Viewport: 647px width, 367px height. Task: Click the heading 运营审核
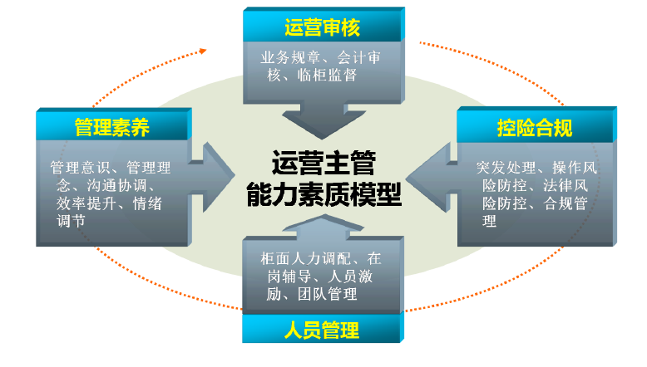(323, 27)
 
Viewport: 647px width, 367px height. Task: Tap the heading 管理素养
(112, 127)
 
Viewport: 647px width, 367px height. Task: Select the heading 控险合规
(535, 128)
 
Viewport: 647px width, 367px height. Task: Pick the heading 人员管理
(322, 330)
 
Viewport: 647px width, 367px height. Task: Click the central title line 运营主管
(323, 163)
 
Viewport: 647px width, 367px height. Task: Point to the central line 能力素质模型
(323, 194)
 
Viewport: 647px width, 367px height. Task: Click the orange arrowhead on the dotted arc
(203, 51)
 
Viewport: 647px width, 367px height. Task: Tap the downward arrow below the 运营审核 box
(323, 120)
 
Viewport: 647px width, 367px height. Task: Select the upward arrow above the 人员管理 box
(323, 228)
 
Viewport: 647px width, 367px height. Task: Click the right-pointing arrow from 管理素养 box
(212, 178)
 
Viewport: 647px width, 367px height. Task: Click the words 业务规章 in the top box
(290, 57)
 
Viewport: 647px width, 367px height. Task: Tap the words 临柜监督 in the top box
(327, 76)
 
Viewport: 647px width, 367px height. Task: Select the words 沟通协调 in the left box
(116, 186)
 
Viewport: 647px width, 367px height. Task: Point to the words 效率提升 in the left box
(86, 203)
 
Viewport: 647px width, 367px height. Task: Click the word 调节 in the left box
(71, 221)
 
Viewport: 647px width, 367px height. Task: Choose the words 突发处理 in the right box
(506, 168)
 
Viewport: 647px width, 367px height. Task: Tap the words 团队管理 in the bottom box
(327, 294)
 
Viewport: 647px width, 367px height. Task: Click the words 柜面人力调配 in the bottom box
(306, 259)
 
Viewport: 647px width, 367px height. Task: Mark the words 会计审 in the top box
(359, 57)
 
